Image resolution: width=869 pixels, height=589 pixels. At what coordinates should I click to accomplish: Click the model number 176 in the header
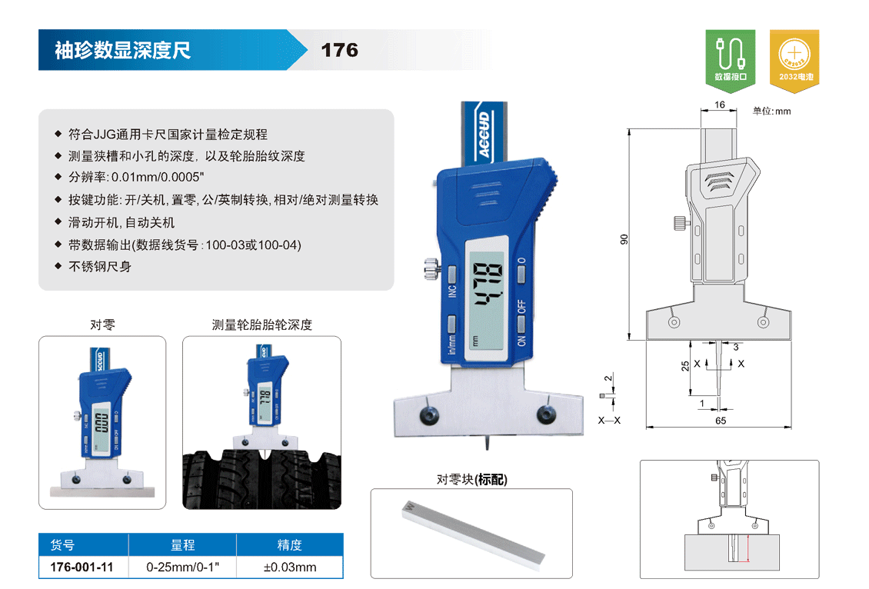click(x=340, y=51)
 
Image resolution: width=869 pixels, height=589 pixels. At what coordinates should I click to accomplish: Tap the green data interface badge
click(x=731, y=60)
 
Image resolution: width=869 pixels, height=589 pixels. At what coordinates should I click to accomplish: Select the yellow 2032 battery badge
click(x=794, y=60)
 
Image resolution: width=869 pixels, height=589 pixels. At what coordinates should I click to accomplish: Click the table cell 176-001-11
click(x=82, y=567)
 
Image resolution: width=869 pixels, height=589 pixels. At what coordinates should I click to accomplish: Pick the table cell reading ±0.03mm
click(x=290, y=567)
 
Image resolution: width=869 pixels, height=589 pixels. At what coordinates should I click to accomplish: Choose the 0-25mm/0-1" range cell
click(x=183, y=567)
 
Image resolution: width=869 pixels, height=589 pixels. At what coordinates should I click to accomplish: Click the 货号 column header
click(x=62, y=545)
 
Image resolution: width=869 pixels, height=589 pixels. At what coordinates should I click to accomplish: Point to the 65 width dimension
click(x=721, y=421)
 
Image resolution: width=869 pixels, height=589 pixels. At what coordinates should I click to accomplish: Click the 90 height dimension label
click(x=624, y=239)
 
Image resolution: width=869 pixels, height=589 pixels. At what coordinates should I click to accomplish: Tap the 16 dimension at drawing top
click(x=719, y=104)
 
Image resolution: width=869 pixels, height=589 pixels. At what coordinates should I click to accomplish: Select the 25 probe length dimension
click(x=685, y=366)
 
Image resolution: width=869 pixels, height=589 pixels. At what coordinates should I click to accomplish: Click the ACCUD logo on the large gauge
click(x=484, y=134)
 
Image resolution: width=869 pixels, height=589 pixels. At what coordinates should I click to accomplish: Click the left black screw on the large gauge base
click(x=429, y=414)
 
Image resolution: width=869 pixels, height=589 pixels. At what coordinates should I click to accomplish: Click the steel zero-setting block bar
click(x=473, y=534)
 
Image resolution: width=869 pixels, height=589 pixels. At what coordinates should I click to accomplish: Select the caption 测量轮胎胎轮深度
click(x=262, y=324)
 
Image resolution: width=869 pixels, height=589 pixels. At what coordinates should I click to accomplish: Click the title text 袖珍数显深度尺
click(x=122, y=51)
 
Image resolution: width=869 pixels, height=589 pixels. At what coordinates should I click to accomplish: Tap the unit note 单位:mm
click(x=771, y=111)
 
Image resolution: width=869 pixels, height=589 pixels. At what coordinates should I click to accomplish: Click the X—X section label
click(x=609, y=420)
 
